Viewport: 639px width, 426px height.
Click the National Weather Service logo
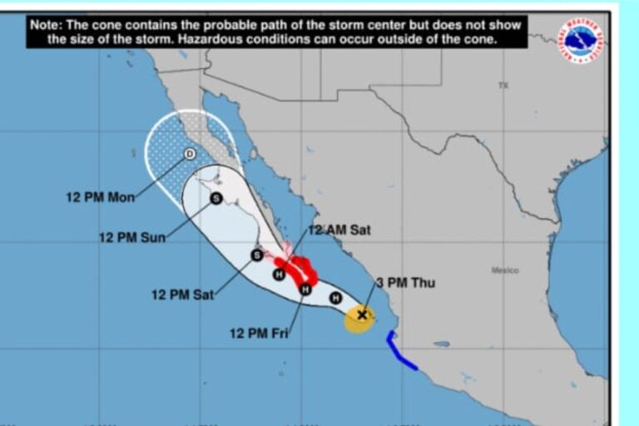(581, 39)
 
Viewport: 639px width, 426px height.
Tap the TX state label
(503, 85)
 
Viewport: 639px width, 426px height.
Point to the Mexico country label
(505, 270)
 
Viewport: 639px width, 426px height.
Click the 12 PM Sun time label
(132, 237)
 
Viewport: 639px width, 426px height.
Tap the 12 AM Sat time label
(339, 230)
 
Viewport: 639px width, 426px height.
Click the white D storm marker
(190, 153)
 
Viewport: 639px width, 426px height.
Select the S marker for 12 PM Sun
(216, 198)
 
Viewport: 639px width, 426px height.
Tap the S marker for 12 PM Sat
(257, 255)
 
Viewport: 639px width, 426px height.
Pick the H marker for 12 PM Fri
(305, 289)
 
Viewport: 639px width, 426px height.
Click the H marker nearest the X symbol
(335, 298)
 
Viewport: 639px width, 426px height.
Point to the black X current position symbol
(361, 315)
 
